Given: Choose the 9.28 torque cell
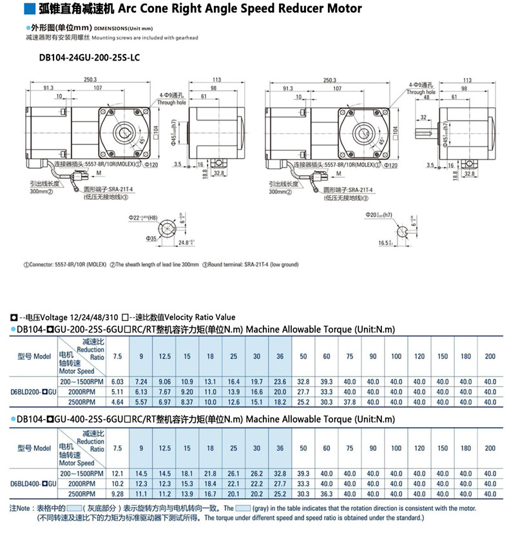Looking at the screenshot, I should click(117, 493).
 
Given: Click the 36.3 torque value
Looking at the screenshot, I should click(327, 493).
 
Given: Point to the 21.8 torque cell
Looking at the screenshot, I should click(210, 474).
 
